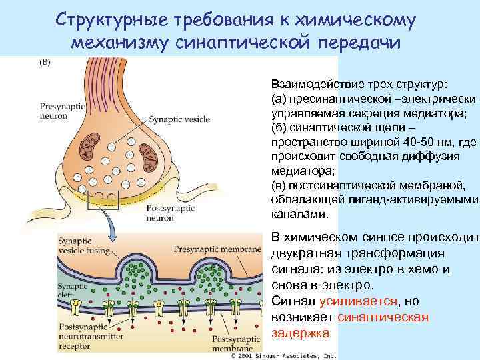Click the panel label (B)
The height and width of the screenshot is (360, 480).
[x=45, y=63]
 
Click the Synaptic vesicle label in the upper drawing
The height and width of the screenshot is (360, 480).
[x=179, y=119]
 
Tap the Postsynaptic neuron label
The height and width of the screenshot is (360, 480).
[x=167, y=213]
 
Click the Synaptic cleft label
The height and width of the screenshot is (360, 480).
[x=72, y=290]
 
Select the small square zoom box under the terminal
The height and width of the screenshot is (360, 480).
[x=107, y=199]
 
